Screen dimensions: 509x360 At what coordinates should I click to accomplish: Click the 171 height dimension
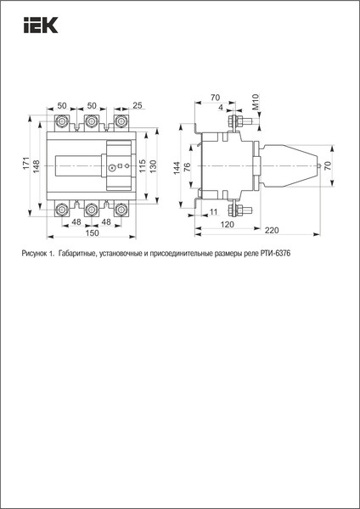coord(26,162)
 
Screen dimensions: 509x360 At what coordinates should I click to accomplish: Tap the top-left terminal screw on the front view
coord(63,122)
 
